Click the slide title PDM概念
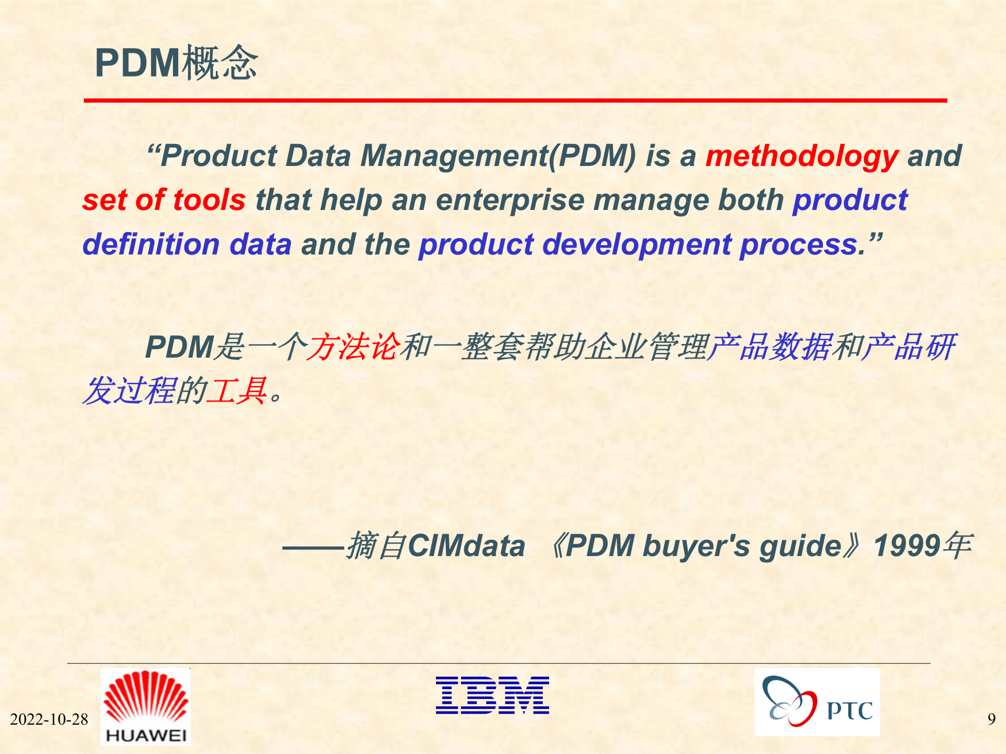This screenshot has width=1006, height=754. click(176, 63)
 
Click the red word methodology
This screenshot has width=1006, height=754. click(802, 156)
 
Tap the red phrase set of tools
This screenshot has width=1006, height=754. click(164, 200)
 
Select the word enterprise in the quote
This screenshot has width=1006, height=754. click(509, 200)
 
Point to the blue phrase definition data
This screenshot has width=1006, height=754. click(187, 245)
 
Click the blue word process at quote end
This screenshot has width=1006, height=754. click(802, 245)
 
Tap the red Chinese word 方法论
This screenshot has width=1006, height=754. click(353, 347)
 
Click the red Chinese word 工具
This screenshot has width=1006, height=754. click(237, 391)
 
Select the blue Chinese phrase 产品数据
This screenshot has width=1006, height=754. click(769, 347)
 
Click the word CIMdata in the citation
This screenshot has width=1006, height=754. click(466, 546)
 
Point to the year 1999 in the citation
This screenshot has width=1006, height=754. click(906, 546)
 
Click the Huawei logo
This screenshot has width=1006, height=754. click(146, 706)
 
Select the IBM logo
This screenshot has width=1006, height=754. click(492, 695)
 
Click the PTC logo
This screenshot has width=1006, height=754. click(817, 702)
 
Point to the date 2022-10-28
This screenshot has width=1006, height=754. click(49, 719)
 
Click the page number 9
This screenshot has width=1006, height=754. click(991, 719)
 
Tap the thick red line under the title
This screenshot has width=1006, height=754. click(515, 100)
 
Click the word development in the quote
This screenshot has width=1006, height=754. click(637, 245)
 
